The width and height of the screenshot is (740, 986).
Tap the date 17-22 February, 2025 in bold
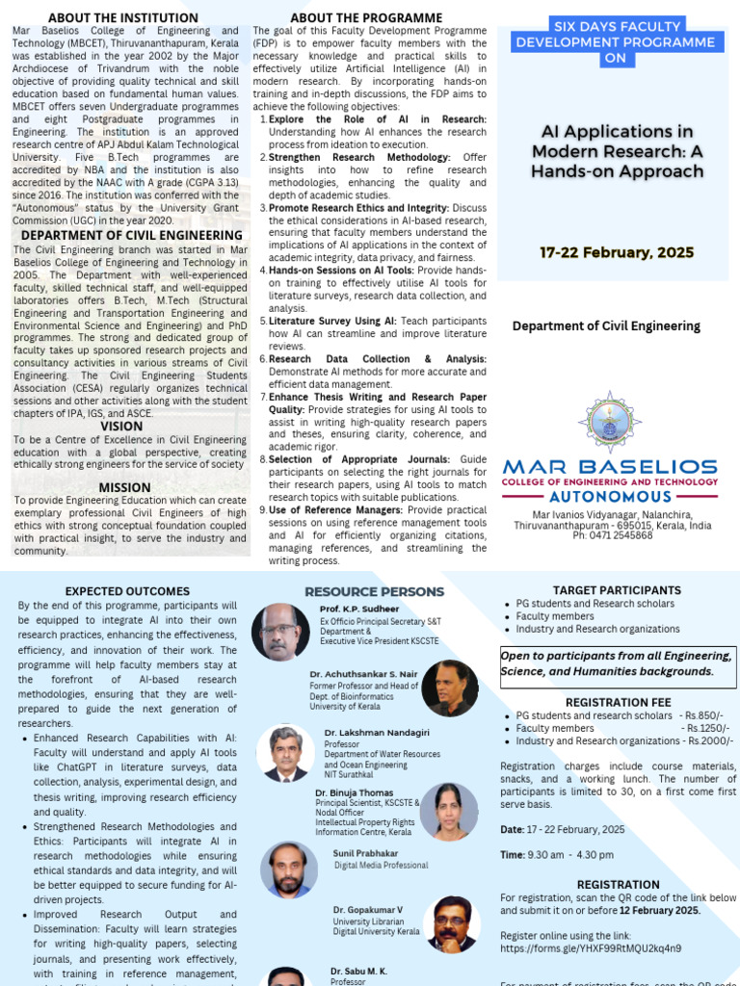617,253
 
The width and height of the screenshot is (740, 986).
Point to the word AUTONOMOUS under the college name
609,497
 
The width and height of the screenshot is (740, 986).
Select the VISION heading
121,427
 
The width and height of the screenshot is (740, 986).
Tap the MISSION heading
124,487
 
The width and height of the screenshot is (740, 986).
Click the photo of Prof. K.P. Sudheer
280,632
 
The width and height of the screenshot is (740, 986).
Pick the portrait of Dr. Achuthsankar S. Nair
450,688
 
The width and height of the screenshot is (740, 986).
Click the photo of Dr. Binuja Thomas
448,811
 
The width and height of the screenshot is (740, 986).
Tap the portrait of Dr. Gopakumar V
452,924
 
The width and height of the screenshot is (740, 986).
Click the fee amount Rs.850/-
702,715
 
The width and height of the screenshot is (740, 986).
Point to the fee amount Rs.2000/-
710,740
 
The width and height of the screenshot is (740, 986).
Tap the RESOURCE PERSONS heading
374,591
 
